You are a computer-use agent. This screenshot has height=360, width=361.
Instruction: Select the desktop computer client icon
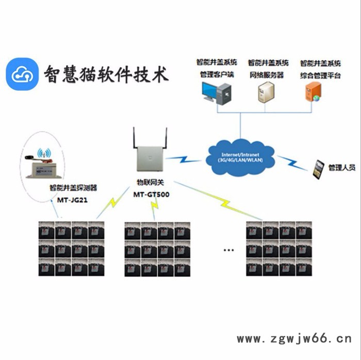coord(217,92)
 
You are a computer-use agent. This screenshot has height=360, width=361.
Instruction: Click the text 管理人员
coord(342,168)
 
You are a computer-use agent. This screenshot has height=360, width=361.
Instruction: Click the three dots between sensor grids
coord(228,250)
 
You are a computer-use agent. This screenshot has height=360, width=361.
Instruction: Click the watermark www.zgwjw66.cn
coord(293,339)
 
